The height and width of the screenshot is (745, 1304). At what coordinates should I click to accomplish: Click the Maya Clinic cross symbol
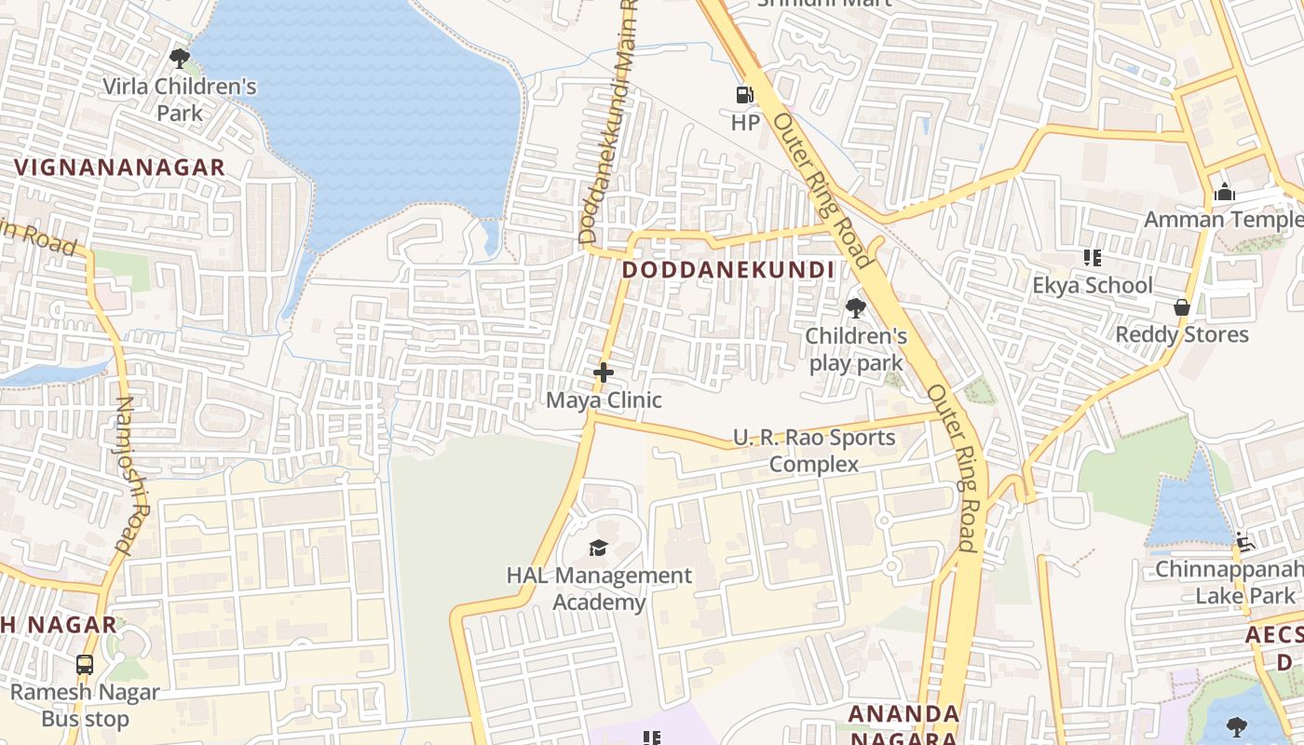coord(604,372)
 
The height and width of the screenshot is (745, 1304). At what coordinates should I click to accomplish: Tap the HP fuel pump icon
coord(744,94)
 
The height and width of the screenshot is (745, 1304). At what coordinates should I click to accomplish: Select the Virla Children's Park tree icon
coord(180,59)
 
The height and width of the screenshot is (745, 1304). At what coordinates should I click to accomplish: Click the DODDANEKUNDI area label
coord(727,270)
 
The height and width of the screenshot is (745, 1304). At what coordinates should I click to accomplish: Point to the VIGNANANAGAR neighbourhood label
coord(120,168)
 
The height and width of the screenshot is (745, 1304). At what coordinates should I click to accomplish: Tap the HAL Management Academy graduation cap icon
coord(598,548)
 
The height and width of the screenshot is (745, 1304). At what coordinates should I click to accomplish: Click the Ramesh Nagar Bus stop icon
coord(85,665)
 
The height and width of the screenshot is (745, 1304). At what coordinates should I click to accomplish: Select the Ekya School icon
coord(1092,257)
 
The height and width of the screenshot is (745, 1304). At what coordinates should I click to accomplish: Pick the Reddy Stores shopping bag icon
coord(1182,306)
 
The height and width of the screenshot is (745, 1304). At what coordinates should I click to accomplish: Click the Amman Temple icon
coord(1224,193)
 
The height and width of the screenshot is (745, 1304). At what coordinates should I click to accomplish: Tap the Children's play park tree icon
coord(855,307)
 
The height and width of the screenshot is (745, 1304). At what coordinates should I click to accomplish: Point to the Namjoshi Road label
coord(132,475)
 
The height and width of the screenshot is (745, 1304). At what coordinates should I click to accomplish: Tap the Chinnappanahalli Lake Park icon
coord(1243,541)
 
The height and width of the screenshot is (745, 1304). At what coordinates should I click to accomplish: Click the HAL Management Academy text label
coord(599,589)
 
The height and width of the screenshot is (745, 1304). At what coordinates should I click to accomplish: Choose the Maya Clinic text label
coord(604,400)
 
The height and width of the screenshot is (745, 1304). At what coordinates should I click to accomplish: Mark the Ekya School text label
coord(1093,285)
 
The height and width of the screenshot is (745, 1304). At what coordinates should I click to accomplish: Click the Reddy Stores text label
coord(1182,334)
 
